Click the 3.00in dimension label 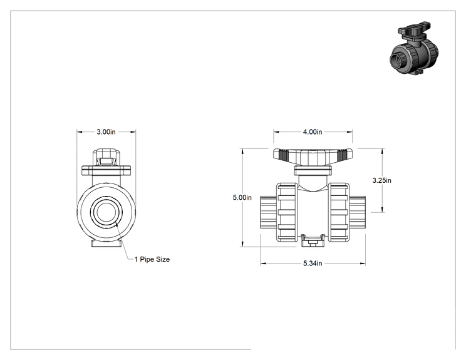click(106, 132)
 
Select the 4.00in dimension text click(313, 132)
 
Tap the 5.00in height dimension click(242, 197)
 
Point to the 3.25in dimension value click(382, 180)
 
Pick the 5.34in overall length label click(313, 264)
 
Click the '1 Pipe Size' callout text click(152, 259)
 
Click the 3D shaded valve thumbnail click(414, 48)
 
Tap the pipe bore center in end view click(106, 212)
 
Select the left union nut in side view click(287, 212)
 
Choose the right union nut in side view click(339, 212)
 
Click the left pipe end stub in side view click(269, 212)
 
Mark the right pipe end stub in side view click(358, 212)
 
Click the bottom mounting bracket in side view click(313, 240)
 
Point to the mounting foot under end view click(106, 244)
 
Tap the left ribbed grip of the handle click(283, 154)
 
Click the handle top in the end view click(106, 157)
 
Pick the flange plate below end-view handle click(106, 171)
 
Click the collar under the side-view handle click(313, 171)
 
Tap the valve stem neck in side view click(313, 183)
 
